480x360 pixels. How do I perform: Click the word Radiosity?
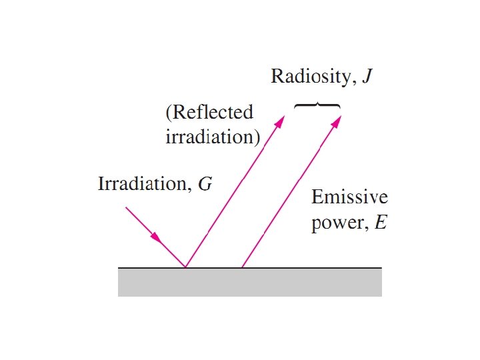pos(309,77)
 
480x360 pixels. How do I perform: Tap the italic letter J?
pos(367,77)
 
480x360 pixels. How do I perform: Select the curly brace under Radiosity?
pos(317,106)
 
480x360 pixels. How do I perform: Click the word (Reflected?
pos(209,112)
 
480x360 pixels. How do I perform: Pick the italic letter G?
pos(206,183)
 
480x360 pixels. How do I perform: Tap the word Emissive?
pos(349,198)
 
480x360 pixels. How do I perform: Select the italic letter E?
pos(381,222)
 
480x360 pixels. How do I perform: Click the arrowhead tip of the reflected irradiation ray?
pos(283,117)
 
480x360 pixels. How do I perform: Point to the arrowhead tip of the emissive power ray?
pos(340,117)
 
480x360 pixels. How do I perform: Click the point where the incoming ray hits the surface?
pos(185,267)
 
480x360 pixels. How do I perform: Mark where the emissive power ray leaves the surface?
pos(241,267)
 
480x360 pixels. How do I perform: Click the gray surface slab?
pos(249,282)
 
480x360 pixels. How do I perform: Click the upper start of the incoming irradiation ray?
pos(126,207)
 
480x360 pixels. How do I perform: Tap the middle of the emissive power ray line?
pos(291,192)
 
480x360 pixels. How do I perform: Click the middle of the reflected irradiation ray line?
pos(234,192)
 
